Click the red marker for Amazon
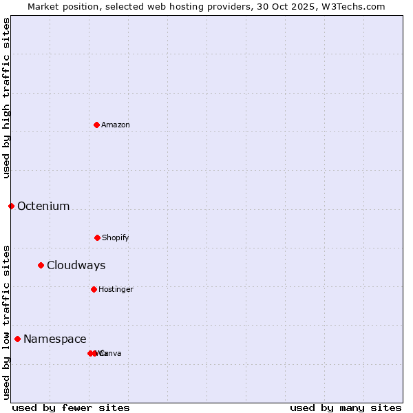point(96,125)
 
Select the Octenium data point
point(11,206)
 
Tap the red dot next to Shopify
point(97,237)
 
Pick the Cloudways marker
point(41,265)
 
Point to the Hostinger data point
point(94,289)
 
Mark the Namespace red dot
point(17,339)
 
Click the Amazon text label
point(116,125)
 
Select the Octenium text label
point(43,206)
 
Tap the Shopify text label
point(116,237)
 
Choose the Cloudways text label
point(76,265)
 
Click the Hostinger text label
point(116,289)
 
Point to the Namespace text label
point(55,339)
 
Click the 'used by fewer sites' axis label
point(71,407)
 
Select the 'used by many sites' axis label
point(346,407)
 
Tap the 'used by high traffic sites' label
point(6,98)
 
